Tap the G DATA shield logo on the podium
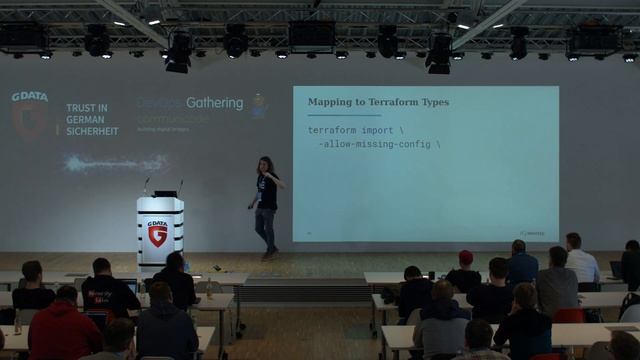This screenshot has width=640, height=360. click(x=157, y=234)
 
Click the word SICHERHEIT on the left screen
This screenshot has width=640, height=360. click(x=92, y=130)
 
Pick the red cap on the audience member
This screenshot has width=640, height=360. click(x=465, y=257)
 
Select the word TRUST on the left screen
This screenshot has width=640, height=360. click(x=80, y=106)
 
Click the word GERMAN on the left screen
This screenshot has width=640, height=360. click(x=84, y=118)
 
